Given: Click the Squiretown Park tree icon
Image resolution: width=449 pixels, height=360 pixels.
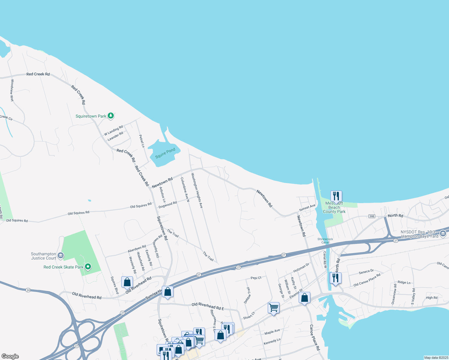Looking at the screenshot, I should pyautogui.click(x=111, y=116).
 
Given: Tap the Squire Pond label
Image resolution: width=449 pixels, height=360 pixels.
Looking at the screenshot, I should pyautogui.click(x=165, y=153).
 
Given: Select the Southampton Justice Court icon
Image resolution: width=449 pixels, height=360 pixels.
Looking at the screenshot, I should pyautogui.click(x=61, y=256).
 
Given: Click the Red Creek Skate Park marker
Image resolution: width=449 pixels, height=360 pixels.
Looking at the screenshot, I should pyautogui.click(x=88, y=267).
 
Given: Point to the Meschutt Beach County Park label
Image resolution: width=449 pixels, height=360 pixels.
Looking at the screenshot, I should pyautogui.click(x=334, y=207).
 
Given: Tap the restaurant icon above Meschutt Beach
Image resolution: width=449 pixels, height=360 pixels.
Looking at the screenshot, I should pyautogui.click(x=336, y=196).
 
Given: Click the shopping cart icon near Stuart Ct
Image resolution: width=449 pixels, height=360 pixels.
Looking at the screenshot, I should pyautogui.click(x=273, y=307).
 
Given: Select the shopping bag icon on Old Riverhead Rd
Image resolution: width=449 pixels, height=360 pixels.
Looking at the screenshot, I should pyautogui.click(x=127, y=282).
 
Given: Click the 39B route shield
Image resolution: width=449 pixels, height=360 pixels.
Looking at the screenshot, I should pyautogui.click(x=372, y=216).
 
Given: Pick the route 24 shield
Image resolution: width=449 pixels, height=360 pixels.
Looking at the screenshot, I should pyautogui.click(x=28, y=290).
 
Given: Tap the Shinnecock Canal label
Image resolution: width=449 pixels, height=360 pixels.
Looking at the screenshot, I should pyautogui.click(x=325, y=241).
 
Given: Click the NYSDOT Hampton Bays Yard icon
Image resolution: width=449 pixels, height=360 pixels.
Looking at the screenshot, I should pyautogui.click(x=443, y=234).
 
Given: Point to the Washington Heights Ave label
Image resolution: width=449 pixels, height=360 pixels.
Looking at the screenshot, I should pyautogui.click(x=197, y=190).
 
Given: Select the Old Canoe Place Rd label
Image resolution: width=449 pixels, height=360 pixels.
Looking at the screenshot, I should pyautogui.click(x=367, y=280).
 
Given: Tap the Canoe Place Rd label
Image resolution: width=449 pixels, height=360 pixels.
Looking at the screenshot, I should pyautogui.click(x=315, y=337).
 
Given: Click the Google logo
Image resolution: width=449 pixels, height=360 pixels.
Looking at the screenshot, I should pyautogui.click(x=10, y=356).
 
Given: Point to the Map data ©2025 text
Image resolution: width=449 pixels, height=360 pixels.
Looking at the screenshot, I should pyautogui.click(x=436, y=358).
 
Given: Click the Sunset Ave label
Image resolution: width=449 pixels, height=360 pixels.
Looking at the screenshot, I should pyautogui.click(x=307, y=208).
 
